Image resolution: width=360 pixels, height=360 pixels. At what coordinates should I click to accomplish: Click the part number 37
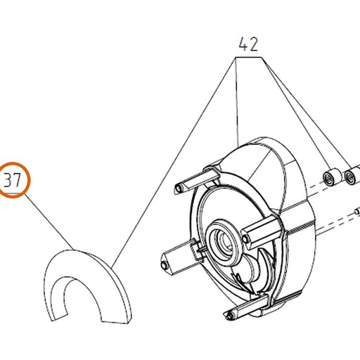13,180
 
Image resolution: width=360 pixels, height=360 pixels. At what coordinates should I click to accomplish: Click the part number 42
248,44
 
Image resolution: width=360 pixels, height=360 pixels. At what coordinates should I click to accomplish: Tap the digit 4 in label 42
243,44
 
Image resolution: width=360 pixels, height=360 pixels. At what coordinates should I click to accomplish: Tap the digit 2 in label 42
254,44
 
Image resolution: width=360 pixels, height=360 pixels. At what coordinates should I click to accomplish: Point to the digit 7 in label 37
17,180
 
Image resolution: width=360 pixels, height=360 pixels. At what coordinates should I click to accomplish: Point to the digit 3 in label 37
8,180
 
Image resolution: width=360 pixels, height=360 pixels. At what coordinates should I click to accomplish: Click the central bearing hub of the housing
223,243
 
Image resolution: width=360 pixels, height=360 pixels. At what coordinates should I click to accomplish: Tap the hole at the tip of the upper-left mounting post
179,188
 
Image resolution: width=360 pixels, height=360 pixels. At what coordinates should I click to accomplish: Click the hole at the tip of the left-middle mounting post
164,265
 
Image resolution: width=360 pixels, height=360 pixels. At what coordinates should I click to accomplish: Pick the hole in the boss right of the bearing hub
245,239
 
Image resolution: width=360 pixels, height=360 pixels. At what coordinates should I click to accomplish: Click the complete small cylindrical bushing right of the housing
331,177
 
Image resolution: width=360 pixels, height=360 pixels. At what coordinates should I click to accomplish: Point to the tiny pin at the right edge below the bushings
357,212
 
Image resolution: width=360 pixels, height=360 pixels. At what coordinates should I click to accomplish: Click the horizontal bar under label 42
248,57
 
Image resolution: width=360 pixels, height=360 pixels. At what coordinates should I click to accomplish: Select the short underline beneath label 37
13,193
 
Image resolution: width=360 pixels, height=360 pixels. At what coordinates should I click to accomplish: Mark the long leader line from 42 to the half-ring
173,163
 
